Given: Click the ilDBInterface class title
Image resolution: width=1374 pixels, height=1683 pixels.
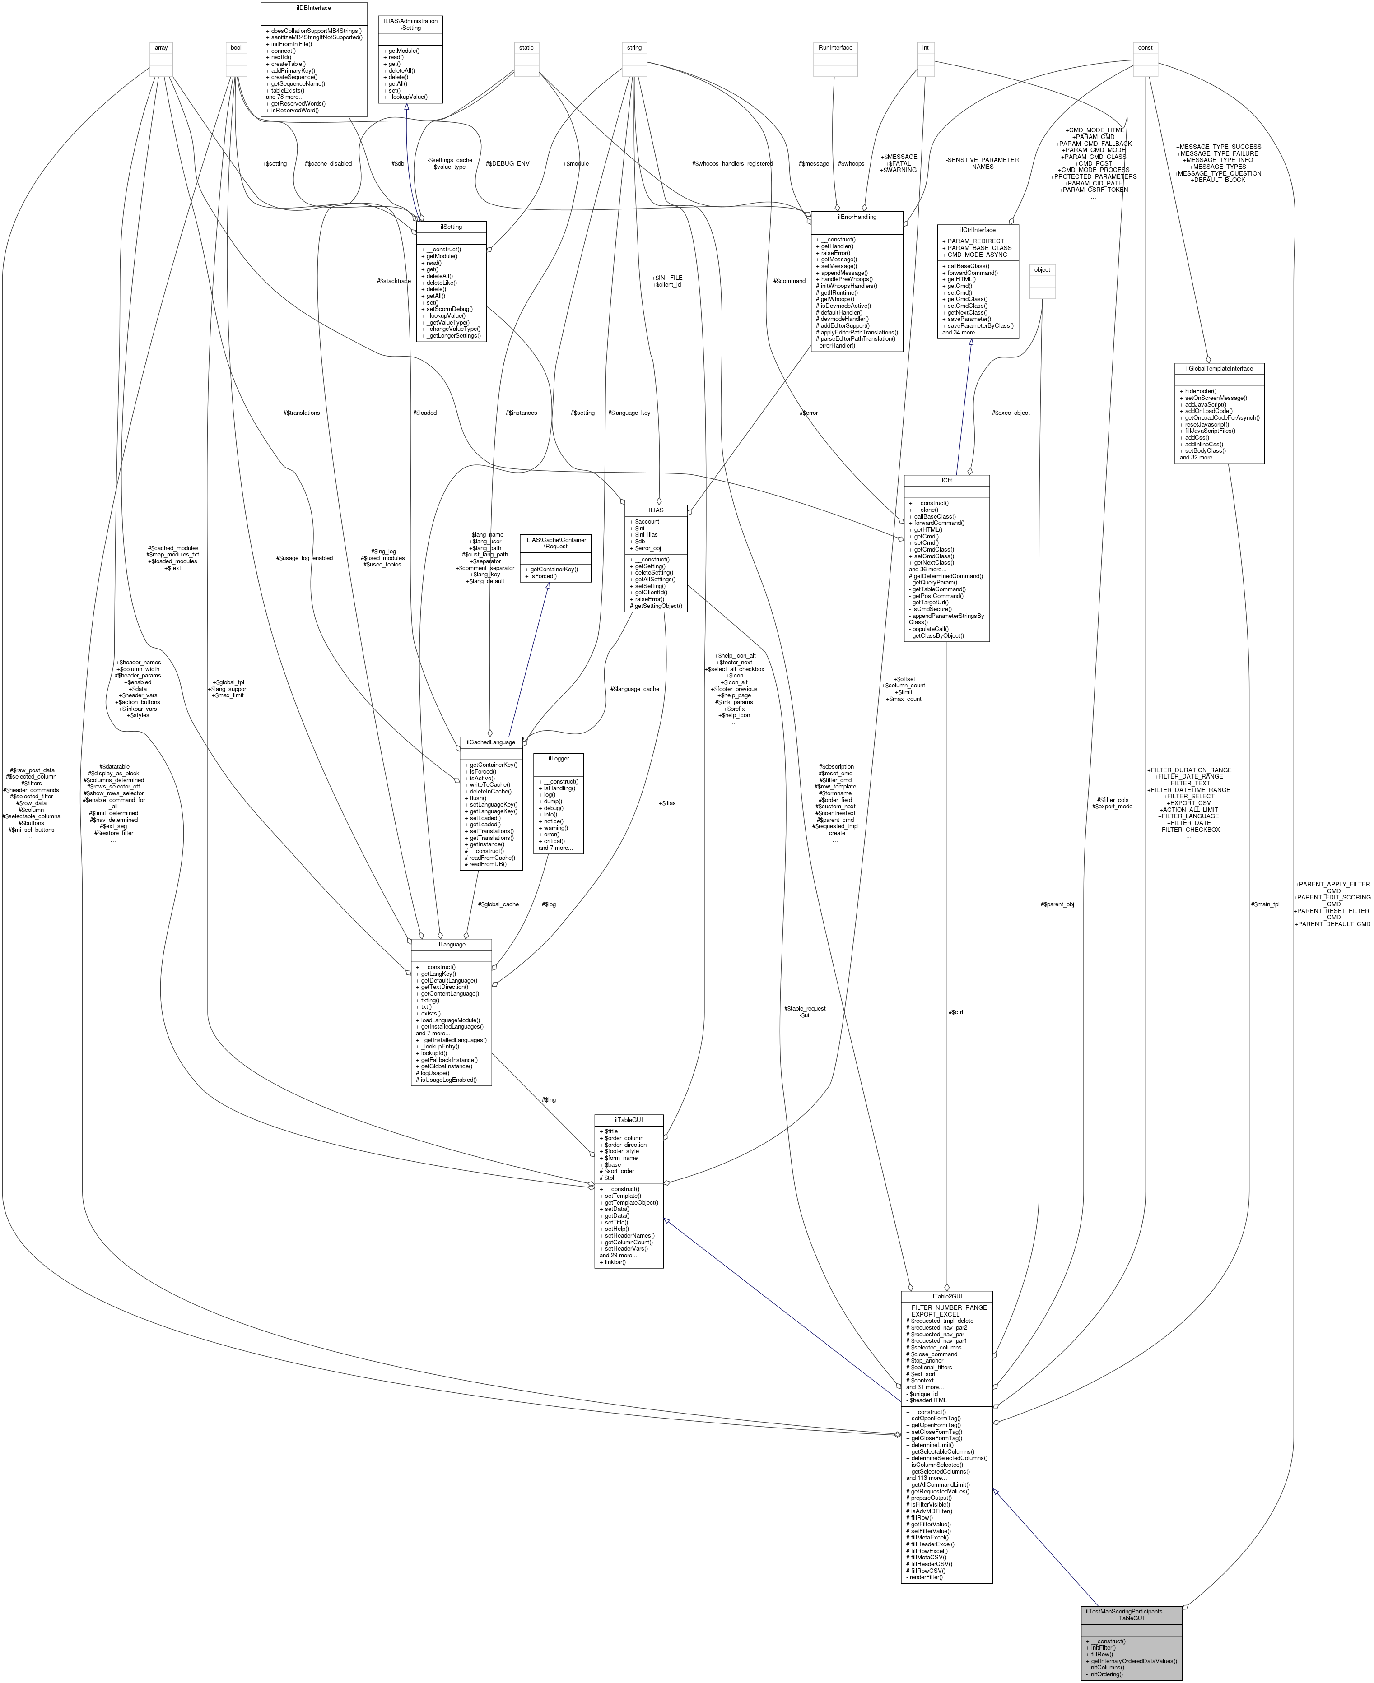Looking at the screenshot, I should point(314,8).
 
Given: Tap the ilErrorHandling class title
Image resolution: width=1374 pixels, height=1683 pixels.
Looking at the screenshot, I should point(857,217).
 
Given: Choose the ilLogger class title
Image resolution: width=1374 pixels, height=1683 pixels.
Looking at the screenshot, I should point(559,758).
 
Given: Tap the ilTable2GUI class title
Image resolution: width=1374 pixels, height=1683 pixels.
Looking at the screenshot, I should point(946,1296).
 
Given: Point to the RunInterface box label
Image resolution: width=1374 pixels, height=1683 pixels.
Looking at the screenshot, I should point(836,47).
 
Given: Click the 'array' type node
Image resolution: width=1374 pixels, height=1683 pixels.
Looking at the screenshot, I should point(161,47).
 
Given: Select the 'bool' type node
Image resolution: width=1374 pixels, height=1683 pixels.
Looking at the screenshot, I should point(236,47).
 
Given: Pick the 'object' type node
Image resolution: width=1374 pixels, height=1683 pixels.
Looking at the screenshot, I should point(1043,270).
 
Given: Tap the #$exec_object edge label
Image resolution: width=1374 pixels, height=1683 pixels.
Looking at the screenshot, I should point(1011,412).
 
